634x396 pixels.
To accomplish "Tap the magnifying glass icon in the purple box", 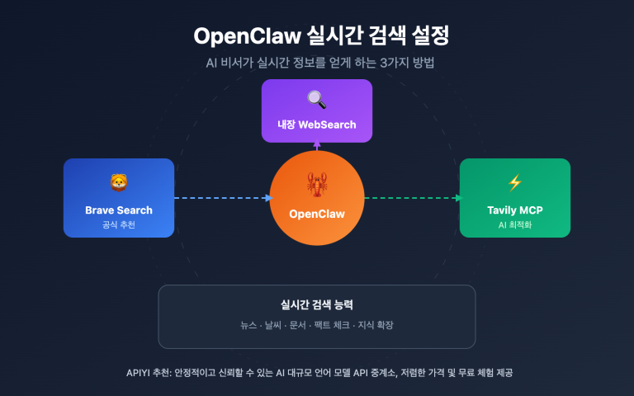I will coord(317,100).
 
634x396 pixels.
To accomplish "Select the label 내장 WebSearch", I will coord(317,125).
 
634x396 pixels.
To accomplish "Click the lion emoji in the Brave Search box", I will coord(118,182).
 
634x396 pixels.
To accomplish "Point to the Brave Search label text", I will coord(118,210).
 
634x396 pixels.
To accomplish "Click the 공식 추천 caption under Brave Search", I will coord(118,224).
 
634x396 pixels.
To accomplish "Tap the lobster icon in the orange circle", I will coord(317,182).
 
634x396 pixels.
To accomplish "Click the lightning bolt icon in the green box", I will coord(515,182).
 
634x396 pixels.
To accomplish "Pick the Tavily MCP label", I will coord(515,210).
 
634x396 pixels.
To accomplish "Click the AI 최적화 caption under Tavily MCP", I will coord(515,224).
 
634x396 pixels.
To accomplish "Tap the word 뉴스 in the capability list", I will coord(248,325).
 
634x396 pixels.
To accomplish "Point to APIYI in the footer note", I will coord(131,373).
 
